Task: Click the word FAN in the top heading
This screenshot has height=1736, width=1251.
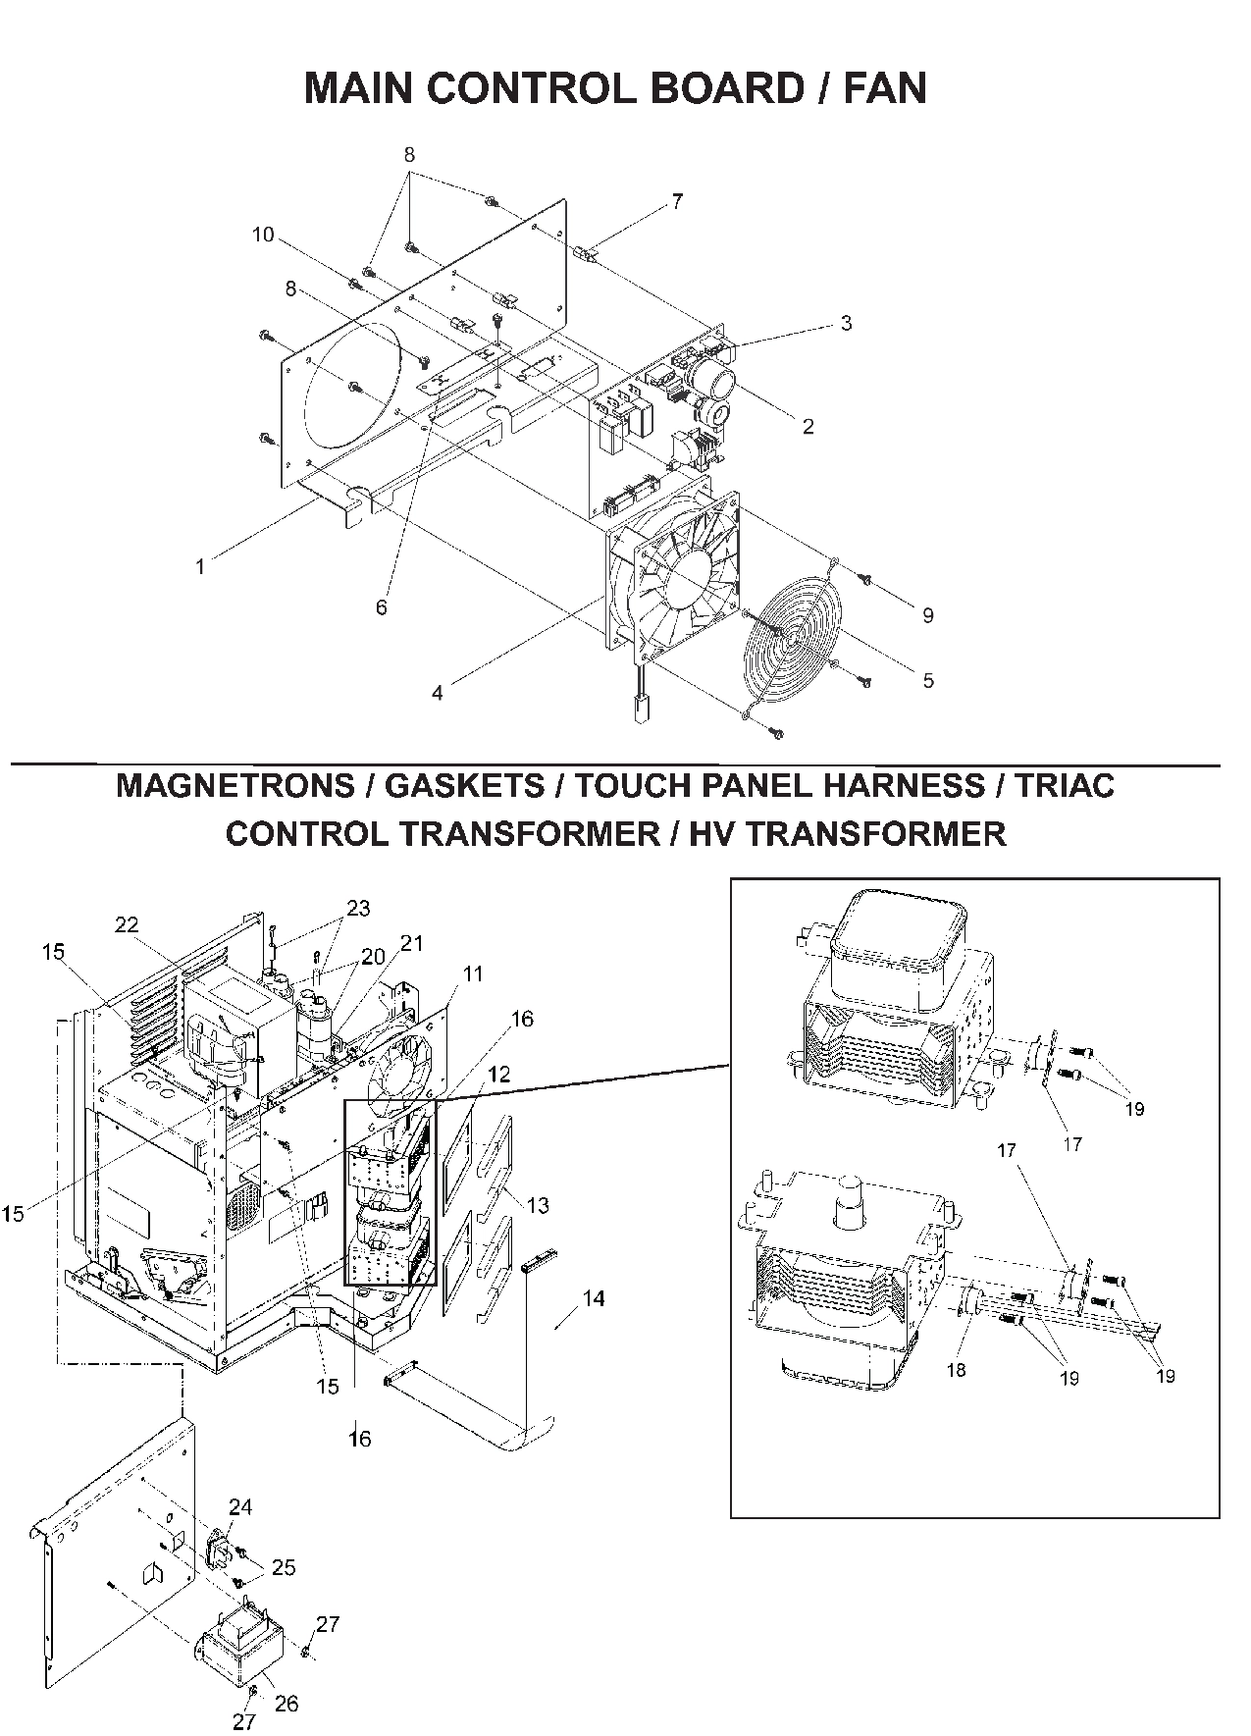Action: (x=884, y=88)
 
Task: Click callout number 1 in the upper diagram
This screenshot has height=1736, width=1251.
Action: (x=200, y=567)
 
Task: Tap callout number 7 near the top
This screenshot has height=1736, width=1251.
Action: (x=677, y=202)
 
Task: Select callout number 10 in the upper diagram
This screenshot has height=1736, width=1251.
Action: (x=262, y=235)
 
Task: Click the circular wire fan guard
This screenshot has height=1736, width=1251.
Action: (x=791, y=637)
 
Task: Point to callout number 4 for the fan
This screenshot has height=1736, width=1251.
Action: (x=437, y=693)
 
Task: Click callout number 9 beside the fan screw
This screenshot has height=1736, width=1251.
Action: (x=927, y=615)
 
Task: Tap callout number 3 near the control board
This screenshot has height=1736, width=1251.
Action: (x=846, y=323)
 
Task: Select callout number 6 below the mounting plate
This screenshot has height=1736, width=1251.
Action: (x=381, y=607)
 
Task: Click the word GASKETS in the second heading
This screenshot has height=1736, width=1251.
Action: (x=464, y=785)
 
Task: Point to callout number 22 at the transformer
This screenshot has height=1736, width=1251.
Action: (x=127, y=924)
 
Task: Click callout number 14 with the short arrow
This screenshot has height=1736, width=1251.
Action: (x=593, y=1298)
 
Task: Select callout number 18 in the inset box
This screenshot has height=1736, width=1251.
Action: (x=956, y=1370)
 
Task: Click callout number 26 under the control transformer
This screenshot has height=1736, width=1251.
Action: (x=286, y=1704)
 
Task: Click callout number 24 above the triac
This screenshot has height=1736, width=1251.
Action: (x=240, y=1506)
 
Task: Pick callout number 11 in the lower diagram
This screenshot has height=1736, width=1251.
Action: (x=473, y=973)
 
